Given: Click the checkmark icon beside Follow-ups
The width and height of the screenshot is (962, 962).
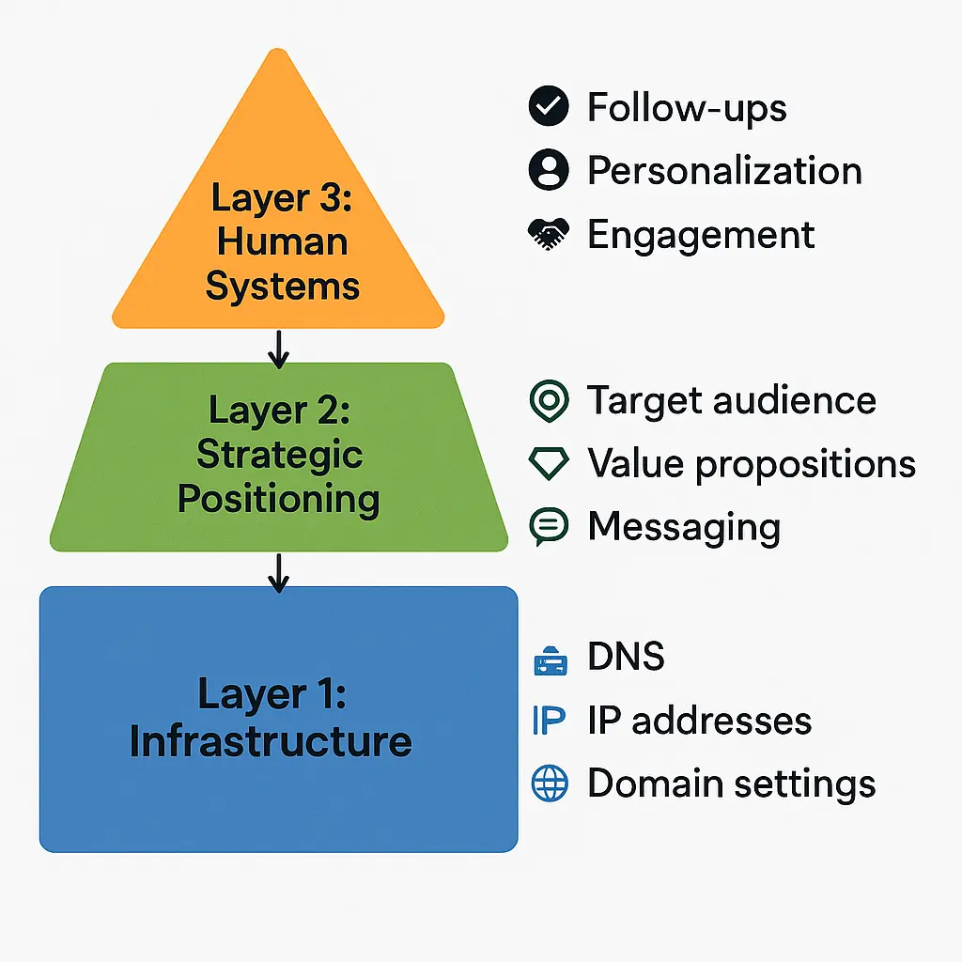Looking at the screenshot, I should click(x=549, y=107).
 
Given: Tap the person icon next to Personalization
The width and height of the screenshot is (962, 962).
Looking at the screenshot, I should click(x=549, y=170).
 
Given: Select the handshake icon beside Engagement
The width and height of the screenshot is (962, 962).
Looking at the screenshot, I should click(x=549, y=234).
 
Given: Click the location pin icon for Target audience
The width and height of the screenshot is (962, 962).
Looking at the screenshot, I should click(x=549, y=401).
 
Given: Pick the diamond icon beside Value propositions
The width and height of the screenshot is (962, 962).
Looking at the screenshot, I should click(x=549, y=464).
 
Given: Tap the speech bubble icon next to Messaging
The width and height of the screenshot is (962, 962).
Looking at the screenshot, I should click(x=549, y=527).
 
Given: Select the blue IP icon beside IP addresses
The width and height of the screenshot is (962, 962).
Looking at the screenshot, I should click(x=549, y=721).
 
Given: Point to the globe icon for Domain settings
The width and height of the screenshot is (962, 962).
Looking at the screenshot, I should click(x=550, y=784).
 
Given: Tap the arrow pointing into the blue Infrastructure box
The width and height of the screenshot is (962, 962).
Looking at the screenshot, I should click(x=277, y=572).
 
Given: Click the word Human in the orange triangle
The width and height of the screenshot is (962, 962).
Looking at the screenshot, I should click(x=282, y=241).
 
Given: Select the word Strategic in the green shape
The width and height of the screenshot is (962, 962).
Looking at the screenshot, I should click(x=279, y=455).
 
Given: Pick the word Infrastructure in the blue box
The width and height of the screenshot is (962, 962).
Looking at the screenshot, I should click(x=271, y=741).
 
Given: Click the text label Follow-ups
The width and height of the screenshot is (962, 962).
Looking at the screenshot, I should click(x=687, y=107).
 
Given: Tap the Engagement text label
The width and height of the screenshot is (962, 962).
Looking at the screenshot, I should click(x=701, y=234).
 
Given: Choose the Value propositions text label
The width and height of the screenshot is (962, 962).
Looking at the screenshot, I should click(x=751, y=464).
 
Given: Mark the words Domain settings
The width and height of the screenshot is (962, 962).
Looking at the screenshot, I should click(x=731, y=784).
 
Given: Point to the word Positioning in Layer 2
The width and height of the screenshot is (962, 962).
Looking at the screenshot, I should click(x=279, y=499).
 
